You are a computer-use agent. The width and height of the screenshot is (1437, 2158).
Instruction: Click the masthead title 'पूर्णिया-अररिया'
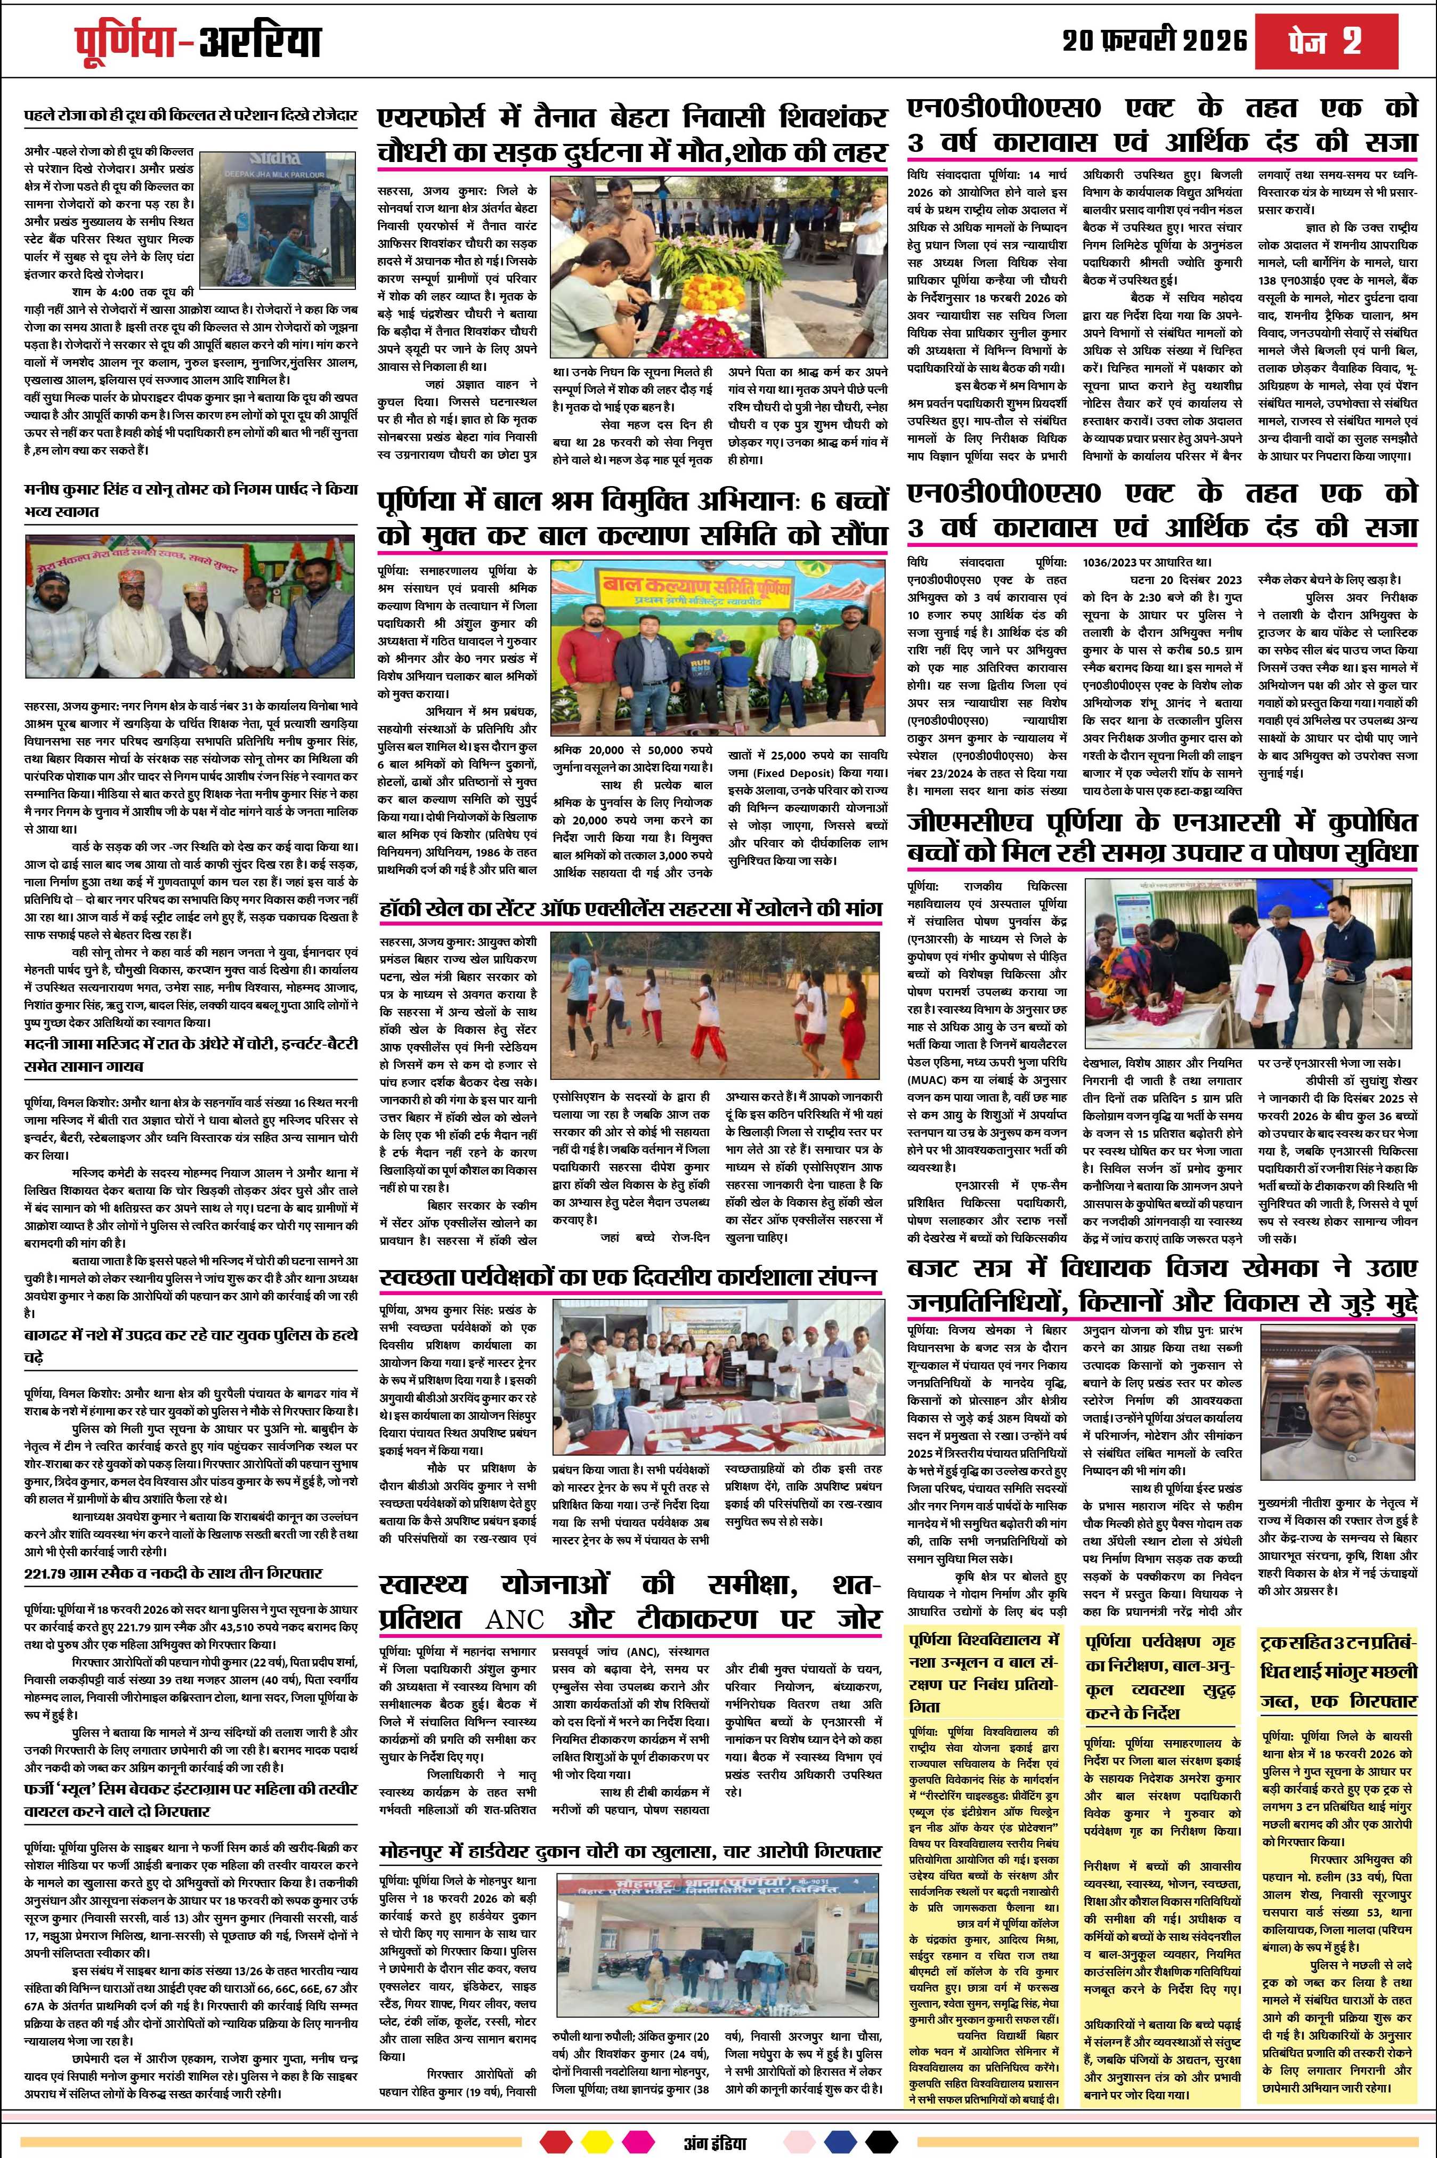pyautogui.click(x=197, y=41)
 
